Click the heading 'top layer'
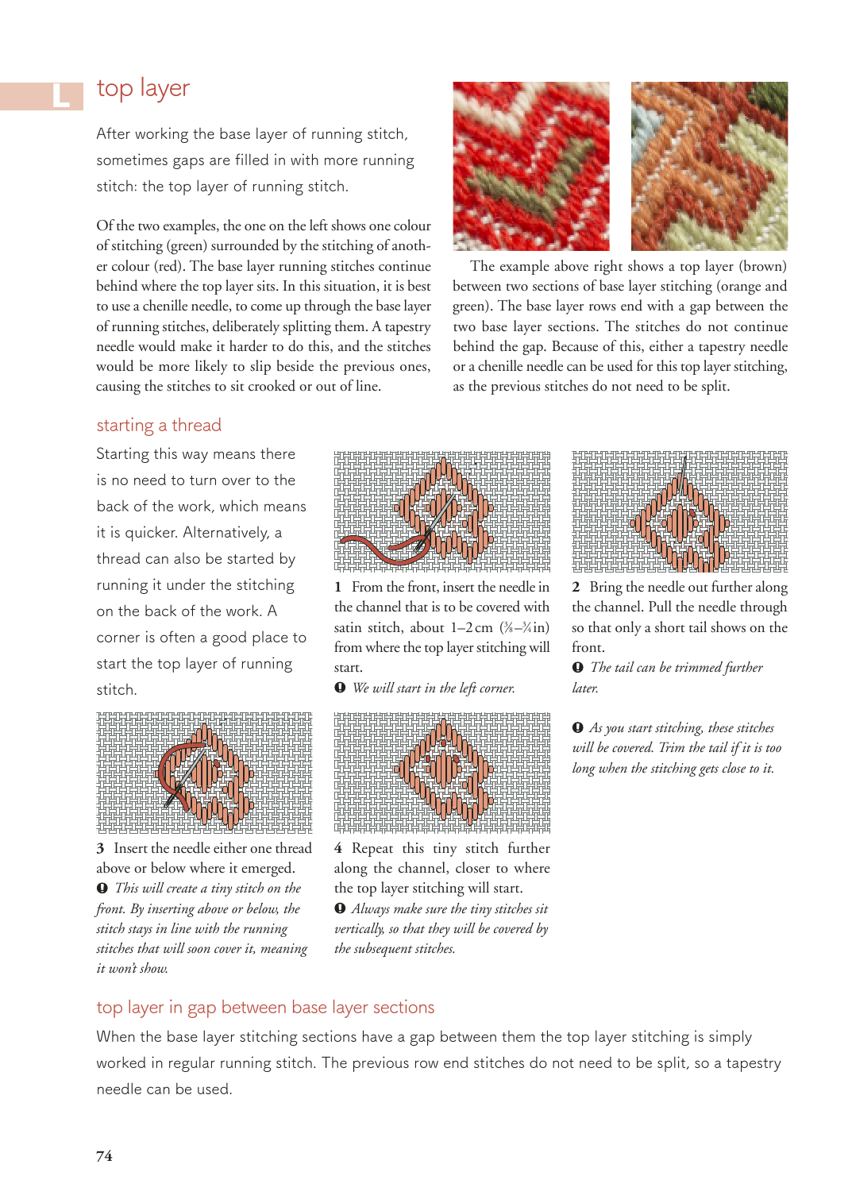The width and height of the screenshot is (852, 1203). click(143, 88)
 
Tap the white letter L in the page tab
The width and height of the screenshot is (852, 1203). click(61, 96)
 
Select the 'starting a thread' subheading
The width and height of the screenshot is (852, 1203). click(159, 426)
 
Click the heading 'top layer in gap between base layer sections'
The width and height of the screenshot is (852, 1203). click(265, 1008)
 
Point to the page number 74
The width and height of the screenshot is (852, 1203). click(104, 1156)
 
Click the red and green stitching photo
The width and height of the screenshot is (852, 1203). click(531, 166)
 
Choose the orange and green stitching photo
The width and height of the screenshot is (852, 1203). click(709, 166)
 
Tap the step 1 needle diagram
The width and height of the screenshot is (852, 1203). click(441, 511)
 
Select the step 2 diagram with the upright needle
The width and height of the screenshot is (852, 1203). click(680, 511)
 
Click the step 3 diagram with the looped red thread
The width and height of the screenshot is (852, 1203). click(204, 772)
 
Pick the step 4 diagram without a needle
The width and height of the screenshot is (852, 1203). click(441, 772)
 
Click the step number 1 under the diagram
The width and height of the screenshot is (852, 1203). click(338, 588)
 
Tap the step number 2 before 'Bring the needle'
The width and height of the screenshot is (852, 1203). click(576, 588)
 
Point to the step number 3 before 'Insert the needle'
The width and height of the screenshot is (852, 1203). click(101, 849)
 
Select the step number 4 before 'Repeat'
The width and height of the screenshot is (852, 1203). click(338, 849)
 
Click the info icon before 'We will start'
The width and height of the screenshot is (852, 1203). click(340, 688)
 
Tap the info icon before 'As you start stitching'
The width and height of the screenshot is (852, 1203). click(577, 727)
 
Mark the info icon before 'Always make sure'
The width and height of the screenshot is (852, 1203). click(340, 908)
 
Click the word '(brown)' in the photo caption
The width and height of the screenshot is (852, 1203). click(763, 266)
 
